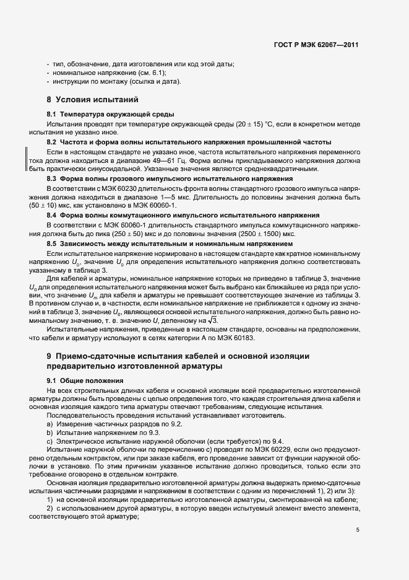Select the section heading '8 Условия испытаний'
(92, 100)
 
